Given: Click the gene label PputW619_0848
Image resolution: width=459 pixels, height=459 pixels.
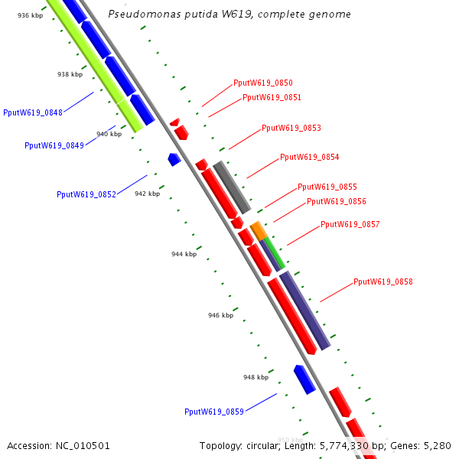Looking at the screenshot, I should (x=33, y=112).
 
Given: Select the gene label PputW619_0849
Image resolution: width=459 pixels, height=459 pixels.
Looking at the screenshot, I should (x=54, y=145).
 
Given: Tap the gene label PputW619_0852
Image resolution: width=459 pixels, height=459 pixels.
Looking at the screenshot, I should (x=86, y=194).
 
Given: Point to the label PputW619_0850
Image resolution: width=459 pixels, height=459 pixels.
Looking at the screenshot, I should (x=263, y=83).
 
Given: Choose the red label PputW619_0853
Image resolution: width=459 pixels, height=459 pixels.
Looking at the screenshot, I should (x=291, y=129).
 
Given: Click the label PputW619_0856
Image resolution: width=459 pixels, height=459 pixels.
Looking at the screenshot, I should (x=337, y=202).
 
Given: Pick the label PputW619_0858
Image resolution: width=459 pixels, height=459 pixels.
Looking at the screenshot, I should (x=383, y=282).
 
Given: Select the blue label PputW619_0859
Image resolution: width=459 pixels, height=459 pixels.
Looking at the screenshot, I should (x=214, y=412).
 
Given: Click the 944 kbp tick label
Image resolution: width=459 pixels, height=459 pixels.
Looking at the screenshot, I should (x=184, y=254).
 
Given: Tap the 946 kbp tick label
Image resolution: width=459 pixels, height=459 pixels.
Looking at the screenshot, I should (x=220, y=315).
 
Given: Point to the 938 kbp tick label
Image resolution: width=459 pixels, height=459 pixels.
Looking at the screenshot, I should (x=70, y=74).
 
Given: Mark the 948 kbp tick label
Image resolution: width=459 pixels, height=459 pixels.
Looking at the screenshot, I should (x=256, y=377).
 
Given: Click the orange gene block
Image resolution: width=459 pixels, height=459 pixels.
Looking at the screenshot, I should (x=259, y=229).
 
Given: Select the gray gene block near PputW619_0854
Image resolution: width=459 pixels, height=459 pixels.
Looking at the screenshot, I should (x=232, y=187).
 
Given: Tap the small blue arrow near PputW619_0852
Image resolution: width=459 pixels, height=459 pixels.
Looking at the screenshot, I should (x=174, y=159).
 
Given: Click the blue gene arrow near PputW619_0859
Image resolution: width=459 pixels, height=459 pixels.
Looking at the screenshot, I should (x=304, y=379).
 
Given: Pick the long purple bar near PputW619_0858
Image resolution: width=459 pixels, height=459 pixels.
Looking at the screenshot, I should (x=304, y=310).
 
